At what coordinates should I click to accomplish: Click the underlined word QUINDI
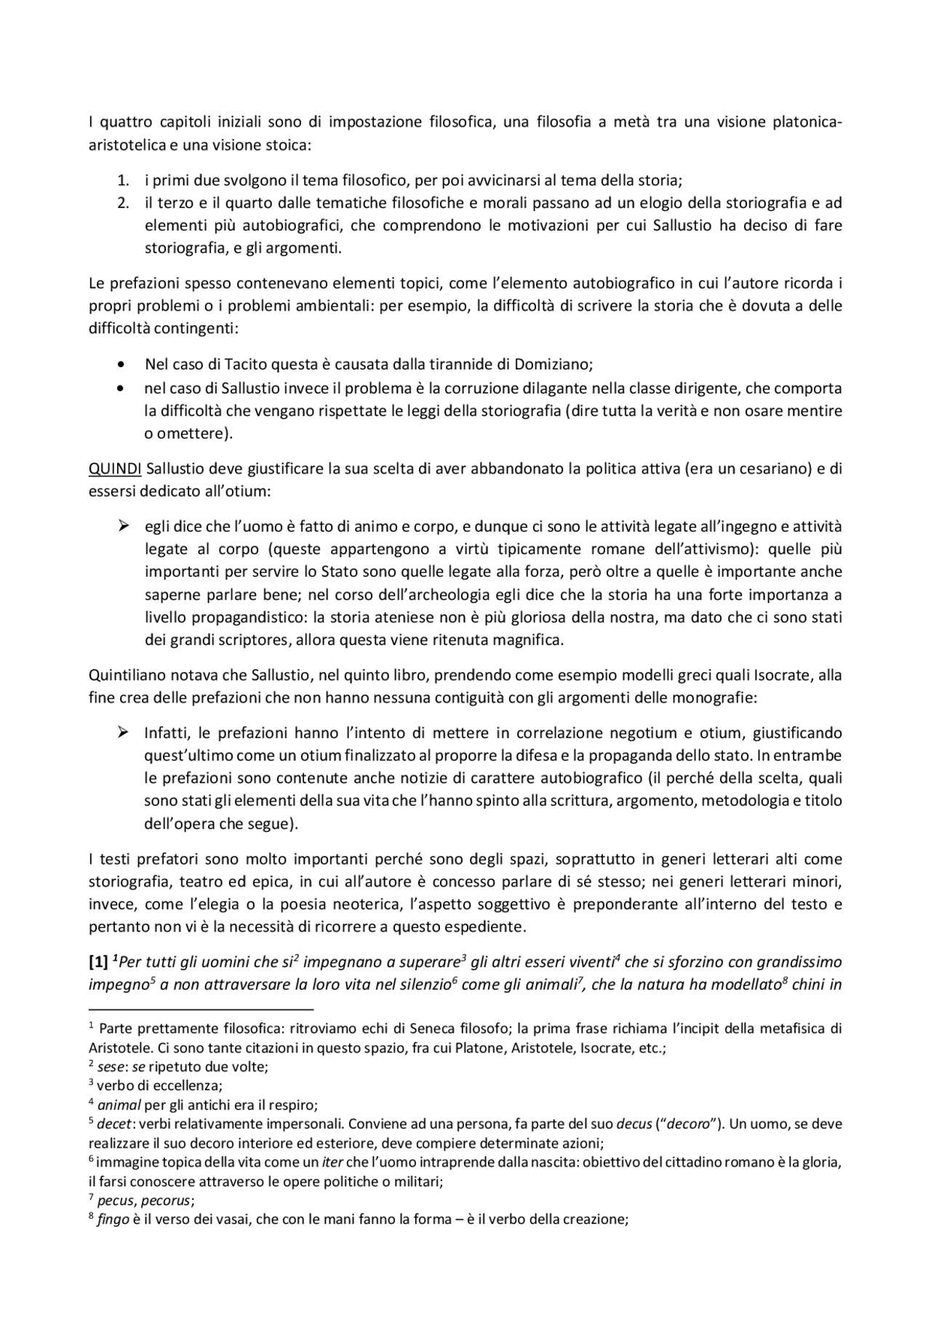(115, 468)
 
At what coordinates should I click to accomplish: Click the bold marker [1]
(98, 962)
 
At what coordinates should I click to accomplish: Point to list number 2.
(123, 202)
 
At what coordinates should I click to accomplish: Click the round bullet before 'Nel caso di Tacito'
(121, 364)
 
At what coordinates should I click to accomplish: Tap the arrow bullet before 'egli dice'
(123, 526)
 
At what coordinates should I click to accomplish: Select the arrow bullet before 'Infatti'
(123, 732)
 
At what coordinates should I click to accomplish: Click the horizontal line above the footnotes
(200, 1009)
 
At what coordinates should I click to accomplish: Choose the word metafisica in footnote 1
(794, 1029)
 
